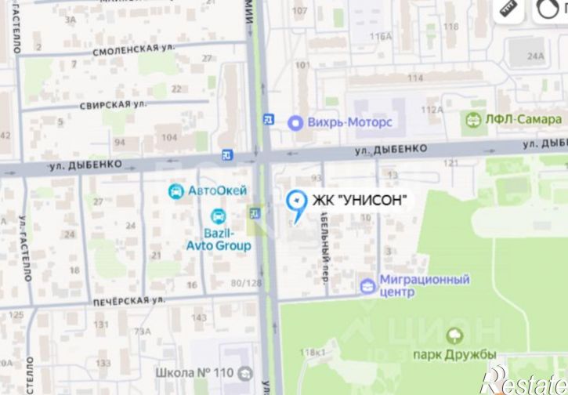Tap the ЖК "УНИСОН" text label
[x=360, y=201]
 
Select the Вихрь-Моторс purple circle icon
[x=295, y=122]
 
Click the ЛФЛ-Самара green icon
[x=473, y=120]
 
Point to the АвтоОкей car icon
[x=176, y=190]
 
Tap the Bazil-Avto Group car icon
[x=219, y=216]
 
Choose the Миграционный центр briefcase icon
[x=367, y=286]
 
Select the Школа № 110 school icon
[x=246, y=375]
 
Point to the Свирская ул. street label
[x=114, y=104]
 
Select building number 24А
[x=535, y=56]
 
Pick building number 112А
[x=432, y=110]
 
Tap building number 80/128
[x=247, y=283]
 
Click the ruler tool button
[x=509, y=9]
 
